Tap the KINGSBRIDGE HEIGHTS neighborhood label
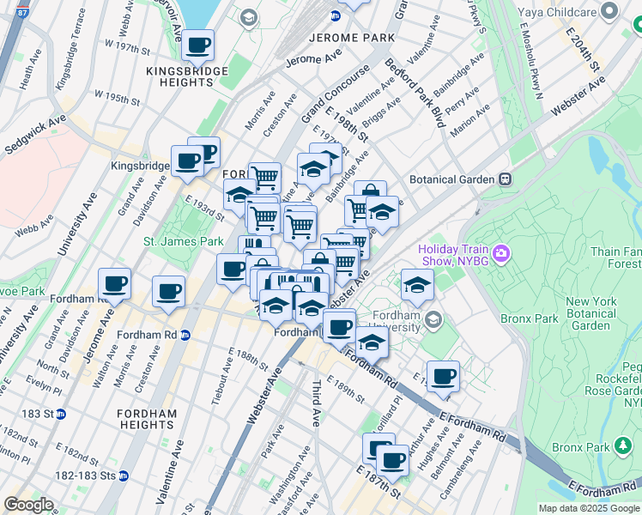[187, 76]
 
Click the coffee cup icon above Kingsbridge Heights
[198, 45]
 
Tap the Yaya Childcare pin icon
[609, 11]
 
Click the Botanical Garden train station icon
[506, 179]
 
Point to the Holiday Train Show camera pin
[501, 256]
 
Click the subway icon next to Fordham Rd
[185, 335]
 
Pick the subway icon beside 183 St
[61, 414]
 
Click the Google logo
[28, 505]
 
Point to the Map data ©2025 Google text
[588, 508]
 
